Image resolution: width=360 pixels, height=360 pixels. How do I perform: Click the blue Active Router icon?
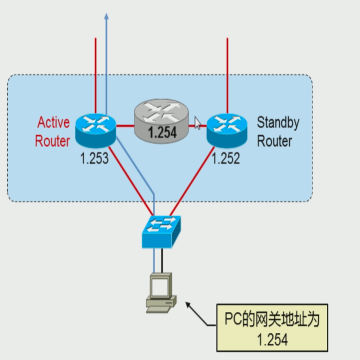pos(96,130)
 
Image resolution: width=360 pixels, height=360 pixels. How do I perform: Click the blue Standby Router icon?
pos(227,130)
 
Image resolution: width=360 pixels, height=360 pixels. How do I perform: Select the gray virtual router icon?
pos(161,121)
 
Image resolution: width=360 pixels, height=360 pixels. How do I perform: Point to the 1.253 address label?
pos(95,158)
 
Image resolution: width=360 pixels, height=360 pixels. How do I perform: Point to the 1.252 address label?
pos(226,158)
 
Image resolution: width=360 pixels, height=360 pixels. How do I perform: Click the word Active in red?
pos(53,122)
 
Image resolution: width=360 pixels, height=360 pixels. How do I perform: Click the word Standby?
pos(278,123)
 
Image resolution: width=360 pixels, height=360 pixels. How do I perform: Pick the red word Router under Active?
pos(52,141)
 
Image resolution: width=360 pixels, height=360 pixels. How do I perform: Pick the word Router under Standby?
pos(274,141)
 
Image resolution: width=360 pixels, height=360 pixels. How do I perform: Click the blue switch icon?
pos(161,231)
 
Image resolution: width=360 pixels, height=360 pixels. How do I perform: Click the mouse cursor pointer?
pos(197,123)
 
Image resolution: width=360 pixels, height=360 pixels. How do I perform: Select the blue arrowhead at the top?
pos(106,16)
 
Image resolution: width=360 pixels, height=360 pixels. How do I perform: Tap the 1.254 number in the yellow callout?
pos(273,340)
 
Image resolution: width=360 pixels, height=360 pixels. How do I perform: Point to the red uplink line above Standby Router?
pos(227,74)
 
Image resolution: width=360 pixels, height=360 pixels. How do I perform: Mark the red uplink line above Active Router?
pos(96,74)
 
